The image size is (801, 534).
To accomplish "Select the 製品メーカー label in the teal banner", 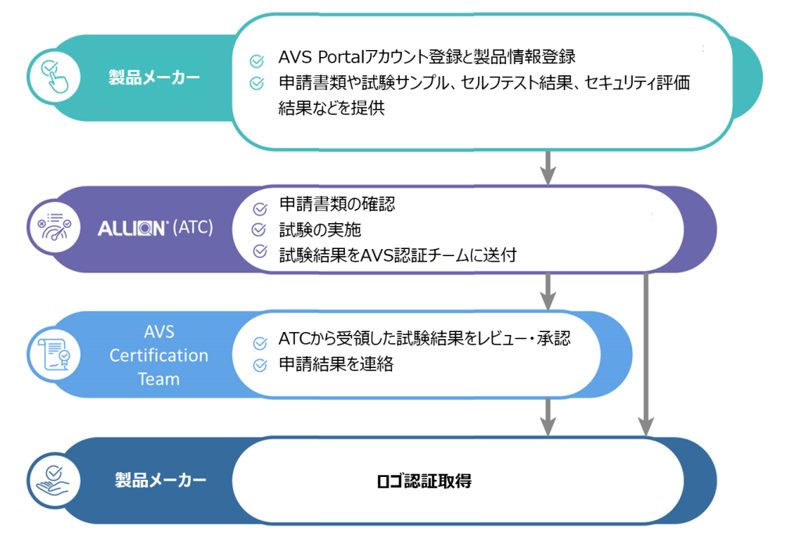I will coord(154,78).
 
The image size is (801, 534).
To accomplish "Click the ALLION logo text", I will coord(132,229).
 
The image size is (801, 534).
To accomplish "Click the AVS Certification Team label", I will coord(159,355).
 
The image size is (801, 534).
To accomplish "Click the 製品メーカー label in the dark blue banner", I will coord(160,479).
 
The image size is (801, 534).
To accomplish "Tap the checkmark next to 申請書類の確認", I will coord(260,207).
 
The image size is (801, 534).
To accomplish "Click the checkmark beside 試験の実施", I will coord(260,229).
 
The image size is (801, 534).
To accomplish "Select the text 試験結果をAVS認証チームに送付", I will coord(397,254).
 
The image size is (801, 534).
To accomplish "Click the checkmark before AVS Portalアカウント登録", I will coord(256,60).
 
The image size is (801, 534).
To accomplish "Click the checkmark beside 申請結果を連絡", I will coord(260,365).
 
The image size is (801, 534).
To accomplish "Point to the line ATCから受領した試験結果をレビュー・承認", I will coord(424,340).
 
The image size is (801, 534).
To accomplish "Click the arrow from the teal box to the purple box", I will coord(548,165).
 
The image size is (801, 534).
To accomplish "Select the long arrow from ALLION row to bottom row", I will coord(645,352).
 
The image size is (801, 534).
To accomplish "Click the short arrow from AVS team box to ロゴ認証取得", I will coord(548,415).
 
